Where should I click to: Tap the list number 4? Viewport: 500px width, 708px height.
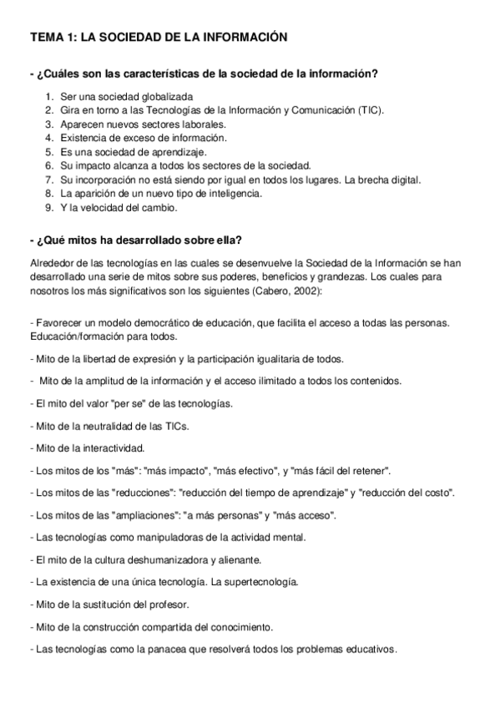click(50, 138)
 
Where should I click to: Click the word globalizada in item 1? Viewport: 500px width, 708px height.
click(167, 96)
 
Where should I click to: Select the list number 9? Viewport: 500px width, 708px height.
click(50, 207)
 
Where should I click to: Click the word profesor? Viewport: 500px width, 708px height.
click(167, 604)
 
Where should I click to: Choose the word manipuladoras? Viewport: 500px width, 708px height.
click(152, 536)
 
